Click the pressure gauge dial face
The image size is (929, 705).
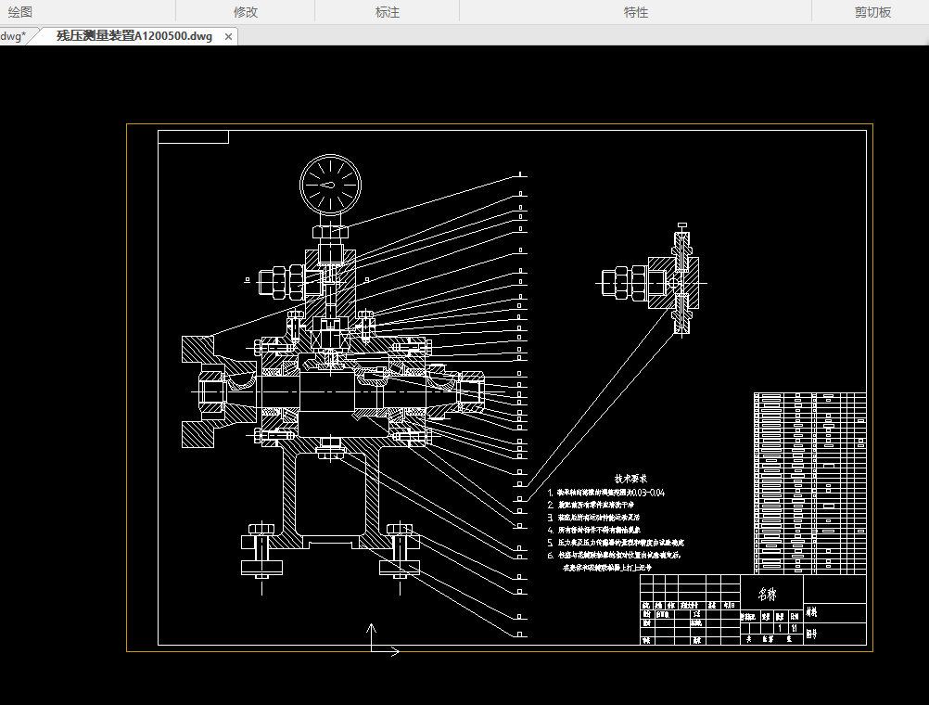point(330,184)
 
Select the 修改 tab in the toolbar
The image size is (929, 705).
point(246,12)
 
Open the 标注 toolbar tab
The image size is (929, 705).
point(388,12)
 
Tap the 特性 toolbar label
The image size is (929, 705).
point(636,12)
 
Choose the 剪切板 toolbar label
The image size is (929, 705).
point(872,12)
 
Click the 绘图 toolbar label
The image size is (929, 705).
point(19,12)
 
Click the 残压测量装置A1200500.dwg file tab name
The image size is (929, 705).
point(134,36)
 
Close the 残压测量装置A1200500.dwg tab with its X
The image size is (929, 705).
point(228,37)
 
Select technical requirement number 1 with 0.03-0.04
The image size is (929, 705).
point(607,493)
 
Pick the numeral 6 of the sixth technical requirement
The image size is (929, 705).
point(550,555)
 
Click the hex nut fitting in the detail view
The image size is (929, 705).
point(620,282)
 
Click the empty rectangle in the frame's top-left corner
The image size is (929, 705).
point(193,137)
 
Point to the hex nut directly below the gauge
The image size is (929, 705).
point(330,230)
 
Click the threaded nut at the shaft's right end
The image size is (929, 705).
point(469,391)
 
